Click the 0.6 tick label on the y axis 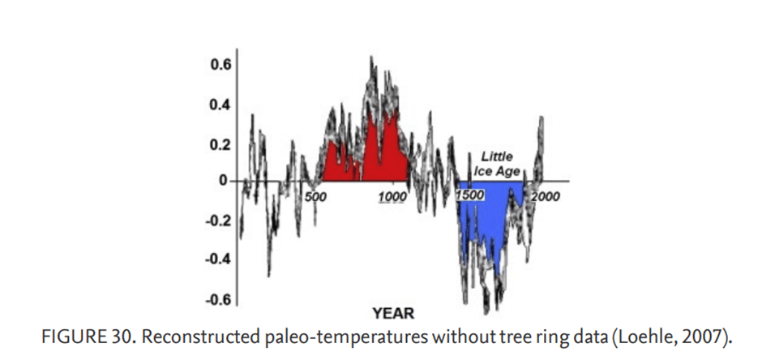[x=220, y=65]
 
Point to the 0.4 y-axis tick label [x=220, y=105]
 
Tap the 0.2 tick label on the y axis [x=220, y=145]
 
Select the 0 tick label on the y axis [x=223, y=181]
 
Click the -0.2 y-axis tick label [x=218, y=221]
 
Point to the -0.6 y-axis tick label [x=218, y=299]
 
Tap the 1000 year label [x=392, y=197]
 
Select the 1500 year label [x=470, y=195]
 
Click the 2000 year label [x=546, y=196]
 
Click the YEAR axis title [x=394, y=314]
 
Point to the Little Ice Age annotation [x=497, y=165]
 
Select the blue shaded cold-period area [x=486, y=214]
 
